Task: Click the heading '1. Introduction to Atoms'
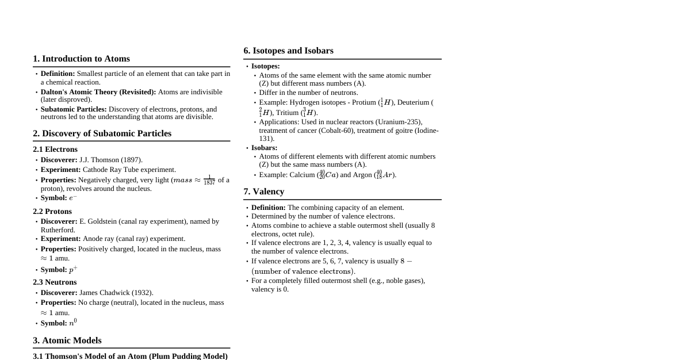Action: coord(81,59)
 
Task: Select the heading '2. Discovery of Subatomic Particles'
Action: coord(102,133)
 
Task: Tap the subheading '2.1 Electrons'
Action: coord(55,150)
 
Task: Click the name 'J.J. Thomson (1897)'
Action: coord(110,160)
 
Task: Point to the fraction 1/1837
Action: coord(209,181)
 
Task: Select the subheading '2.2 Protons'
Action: coord(52,212)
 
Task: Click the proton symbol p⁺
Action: coord(73,270)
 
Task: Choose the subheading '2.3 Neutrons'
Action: coord(55,282)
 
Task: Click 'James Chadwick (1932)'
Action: coord(116,293)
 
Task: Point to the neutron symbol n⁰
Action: coord(73,323)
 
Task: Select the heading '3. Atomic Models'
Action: coord(67,340)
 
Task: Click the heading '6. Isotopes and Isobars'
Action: coord(288,51)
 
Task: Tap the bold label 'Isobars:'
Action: coord(264,148)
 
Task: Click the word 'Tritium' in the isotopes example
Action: coord(287,113)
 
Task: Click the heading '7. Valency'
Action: coord(263,192)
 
